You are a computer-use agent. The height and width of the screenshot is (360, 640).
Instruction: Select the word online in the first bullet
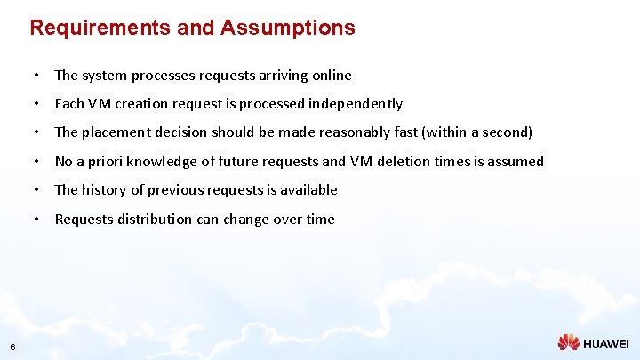(x=330, y=76)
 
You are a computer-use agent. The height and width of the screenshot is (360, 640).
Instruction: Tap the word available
(x=308, y=190)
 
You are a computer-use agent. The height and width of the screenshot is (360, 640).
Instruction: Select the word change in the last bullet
(x=250, y=220)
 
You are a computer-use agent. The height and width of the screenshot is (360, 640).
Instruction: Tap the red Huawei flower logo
(x=569, y=342)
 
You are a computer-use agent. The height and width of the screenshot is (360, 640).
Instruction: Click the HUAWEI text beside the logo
(x=606, y=343)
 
